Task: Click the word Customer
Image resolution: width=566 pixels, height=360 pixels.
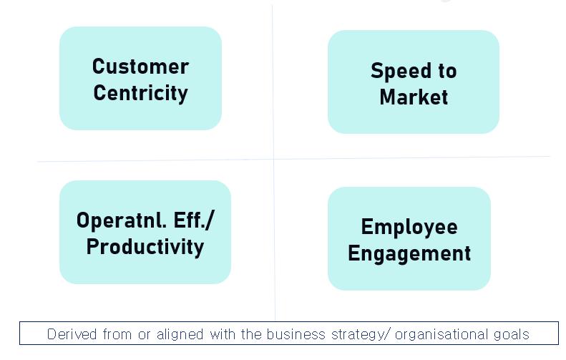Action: (140, 67)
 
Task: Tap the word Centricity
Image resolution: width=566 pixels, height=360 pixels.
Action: (140, 93)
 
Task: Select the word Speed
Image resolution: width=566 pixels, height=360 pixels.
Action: (401, 71)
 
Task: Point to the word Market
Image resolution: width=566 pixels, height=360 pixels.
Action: (414, 97)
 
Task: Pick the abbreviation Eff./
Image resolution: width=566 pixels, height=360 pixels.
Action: (194, 220)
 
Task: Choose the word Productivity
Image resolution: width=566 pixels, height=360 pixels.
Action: (145, 248)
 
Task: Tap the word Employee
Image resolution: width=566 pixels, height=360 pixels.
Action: (409, 228)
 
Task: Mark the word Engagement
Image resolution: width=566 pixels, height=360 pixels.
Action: (409, 253)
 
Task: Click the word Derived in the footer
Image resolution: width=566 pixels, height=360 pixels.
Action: (72, 334)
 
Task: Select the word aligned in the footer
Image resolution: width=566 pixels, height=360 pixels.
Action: (180, 334)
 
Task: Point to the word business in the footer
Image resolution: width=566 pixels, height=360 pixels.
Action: (296, 334)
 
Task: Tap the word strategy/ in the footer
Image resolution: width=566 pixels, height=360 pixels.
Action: (361, 335)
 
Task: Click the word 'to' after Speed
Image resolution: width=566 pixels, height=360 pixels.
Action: (448, 71)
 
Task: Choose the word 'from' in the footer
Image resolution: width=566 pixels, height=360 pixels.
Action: (117, 334)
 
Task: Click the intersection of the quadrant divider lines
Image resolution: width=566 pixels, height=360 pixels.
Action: (273, 159)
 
